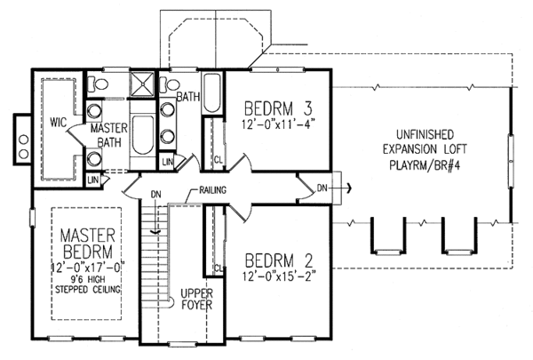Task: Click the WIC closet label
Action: pyautogui.click(x=58, y=122)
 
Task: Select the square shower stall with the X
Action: pyautogui.click(x=142, y=84)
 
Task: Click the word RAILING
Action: pyautogui.click(x=212, y=190)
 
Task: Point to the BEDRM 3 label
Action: pyautogui.click(x=278, y=108)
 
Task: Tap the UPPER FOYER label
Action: pyautogui.click(x=196, y=299)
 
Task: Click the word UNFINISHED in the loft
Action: pyautogui.click(x=425, y=135)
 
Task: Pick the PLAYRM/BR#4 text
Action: pyautogui.click(x=425, y=165)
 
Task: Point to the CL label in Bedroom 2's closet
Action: pyautogui.click(x=219, y=268)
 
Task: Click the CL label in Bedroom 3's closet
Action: pyautogui.click(x=219, y=159)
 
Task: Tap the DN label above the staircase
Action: pyautogui.click(x=156, y=195)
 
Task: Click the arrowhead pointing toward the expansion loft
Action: pyautogui.click(x=350, y=188)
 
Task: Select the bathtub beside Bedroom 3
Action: pyautogui.click(x=212, y=93)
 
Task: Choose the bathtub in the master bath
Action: pyautogui.click(x=142, y=135)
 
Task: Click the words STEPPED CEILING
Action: pyautogui.click(x=88, y=290)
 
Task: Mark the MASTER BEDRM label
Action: pyautogui.click(x=88, y=244)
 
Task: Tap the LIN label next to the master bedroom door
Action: pyautogui.click(x=93, y=180)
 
